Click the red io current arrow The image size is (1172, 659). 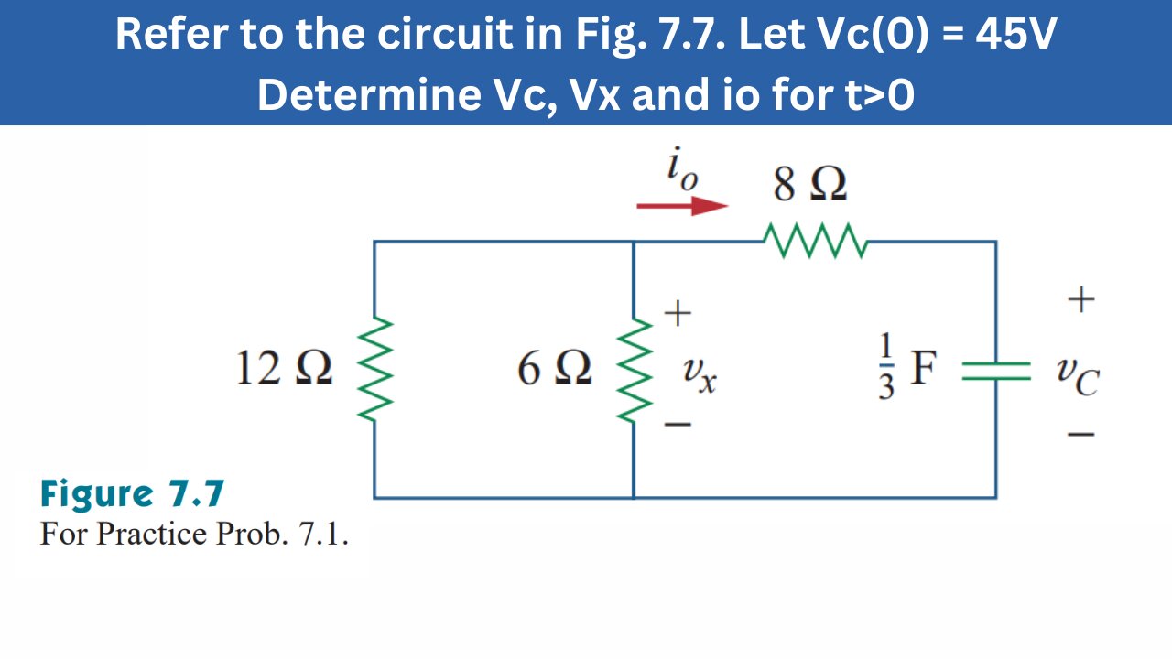[682, 206]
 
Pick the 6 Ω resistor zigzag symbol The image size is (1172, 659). [634, 370]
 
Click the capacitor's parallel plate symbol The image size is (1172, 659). [996, 370]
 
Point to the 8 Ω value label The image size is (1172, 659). [809, 185]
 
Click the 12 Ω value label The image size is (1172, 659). [284, 370]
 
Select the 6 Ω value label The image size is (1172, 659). [554, 370]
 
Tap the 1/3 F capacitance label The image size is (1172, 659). [906, 368]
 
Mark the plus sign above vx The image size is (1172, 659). [677, 315]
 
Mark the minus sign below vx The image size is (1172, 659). [677, 426]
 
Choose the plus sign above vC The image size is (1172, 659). [1081, 299]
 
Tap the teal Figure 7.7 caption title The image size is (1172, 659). [132, 494]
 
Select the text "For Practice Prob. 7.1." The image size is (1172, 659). [194, 533]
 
